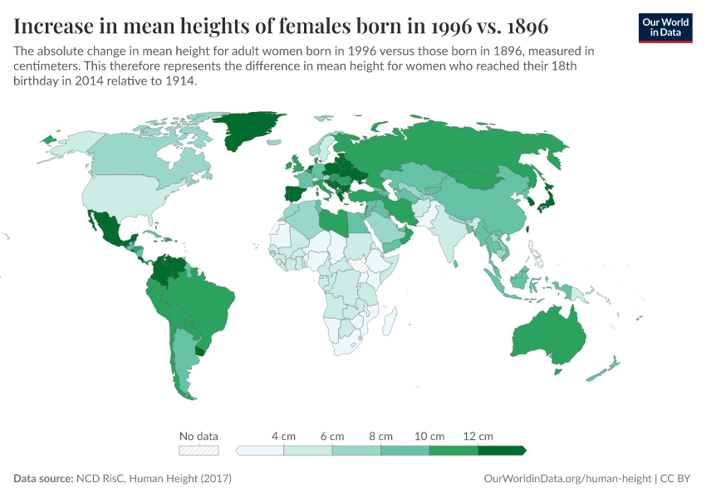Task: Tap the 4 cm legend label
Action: [284, 436]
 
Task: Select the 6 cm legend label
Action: [332, 436]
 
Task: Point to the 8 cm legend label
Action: [380, 436]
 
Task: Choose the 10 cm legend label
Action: [429, 436]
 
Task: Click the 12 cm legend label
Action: [478, 436]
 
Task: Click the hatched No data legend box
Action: [199, 451]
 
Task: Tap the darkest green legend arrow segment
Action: [501, 451]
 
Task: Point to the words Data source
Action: [42, 479]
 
